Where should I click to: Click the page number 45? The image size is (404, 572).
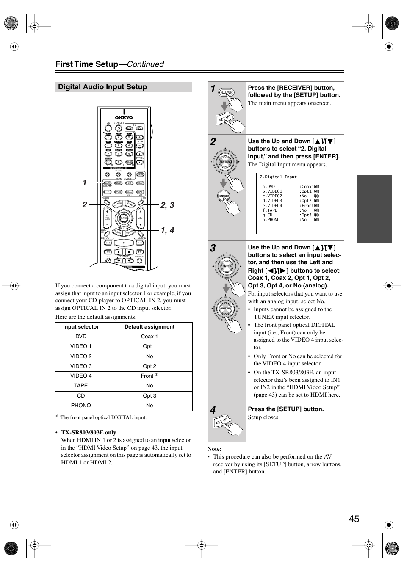pyautogui.click(x=354, y=519)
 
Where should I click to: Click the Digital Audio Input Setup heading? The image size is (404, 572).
pyautogui.click(x=102, y=87)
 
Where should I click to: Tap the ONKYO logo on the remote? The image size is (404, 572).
pyautogui.click(x=124, y=117)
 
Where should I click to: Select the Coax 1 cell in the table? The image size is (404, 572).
pyautogui.click(x=149, y=337)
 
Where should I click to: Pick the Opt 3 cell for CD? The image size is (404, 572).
pyautogui.click(x=149, y=396)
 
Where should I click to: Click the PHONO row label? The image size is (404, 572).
pyautogui.click(x=81, y=406)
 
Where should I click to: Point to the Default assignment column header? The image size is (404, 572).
pyautogui.click(x=149, y=327)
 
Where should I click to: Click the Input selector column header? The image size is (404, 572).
pyautogui.click(x=81, y=327)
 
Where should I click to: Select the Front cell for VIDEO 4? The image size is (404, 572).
pyautogui.click(x=147, y=376)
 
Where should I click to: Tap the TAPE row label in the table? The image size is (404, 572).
pyautogui.click(x=81, y=386)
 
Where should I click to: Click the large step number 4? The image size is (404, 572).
pyautogui.click(x=213, y=410)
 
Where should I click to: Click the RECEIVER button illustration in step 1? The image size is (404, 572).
pyautogui.click(x=226, y=92)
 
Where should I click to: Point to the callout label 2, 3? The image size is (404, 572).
pyautogui.click(x=167, y=205)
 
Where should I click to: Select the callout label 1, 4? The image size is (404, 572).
pyautogui.click(x=167, y=230)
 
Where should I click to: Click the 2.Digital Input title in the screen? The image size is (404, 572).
pyautogui.click(x=278, y=177)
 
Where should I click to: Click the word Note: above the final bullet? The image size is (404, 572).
pyautogui.click(x=214, y=449)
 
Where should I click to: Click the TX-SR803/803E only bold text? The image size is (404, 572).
pyautogui.click(x=89, y=432)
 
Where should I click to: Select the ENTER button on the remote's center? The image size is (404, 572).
pyautogui.click(x=123, y=218)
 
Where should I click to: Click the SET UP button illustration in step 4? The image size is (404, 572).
pyautogui.click(x=221, y=422)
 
